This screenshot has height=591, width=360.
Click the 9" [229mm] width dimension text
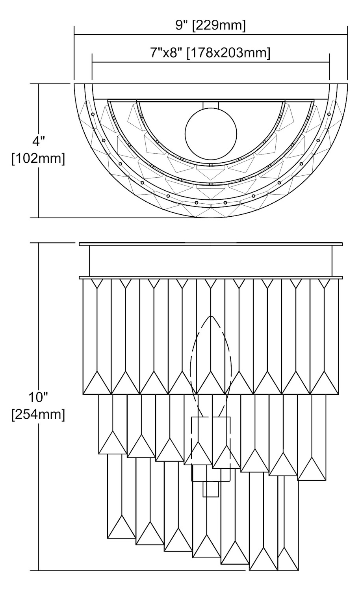pyautogui.click(x=210, y=26)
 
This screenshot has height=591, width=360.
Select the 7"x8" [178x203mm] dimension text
pyautogui.click(x=210, y=53)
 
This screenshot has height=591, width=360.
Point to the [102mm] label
pyautogui.click(x=38, y=159)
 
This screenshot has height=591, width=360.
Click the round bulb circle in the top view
pyautogui.click(x=211, y=134)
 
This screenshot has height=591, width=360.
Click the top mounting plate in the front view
pyautogui.click(x=211, y=244)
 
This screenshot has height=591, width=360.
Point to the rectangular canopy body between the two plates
pyautogui.click(x=211, y=261)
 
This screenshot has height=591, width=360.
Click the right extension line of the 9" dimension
pyautogui.click(x=347, y=53)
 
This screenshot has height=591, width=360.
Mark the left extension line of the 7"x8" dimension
pyautogui.click(x=92, y=67)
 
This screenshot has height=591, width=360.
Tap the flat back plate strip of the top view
pyautogui.click(x=211, y=91)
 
